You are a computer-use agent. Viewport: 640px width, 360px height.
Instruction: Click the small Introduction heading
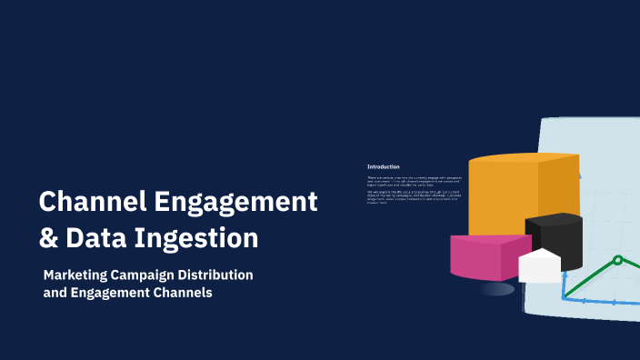[x=383, y=167]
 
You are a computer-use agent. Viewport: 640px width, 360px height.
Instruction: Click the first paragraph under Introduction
[x=414, y=181]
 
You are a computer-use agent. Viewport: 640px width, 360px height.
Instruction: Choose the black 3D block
[x=555, y=238]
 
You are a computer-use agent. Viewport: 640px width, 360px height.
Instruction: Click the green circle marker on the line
[x=617, y=260]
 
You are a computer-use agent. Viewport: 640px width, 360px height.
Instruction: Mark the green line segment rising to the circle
[x=591, y=277]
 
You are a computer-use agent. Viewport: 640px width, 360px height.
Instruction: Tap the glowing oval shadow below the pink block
[x=497, y=289]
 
